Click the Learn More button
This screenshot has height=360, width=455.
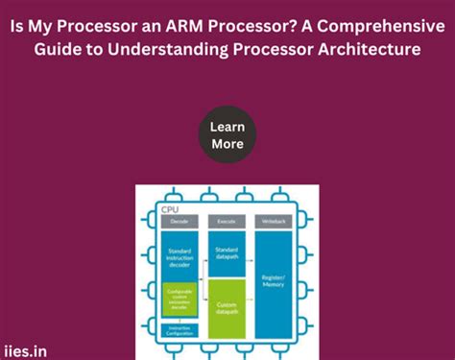coord(227,135)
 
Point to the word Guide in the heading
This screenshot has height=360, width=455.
coord(58,49)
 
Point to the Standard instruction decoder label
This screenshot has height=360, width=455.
coord(180,257)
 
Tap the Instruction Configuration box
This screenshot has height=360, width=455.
coord(180,329)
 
